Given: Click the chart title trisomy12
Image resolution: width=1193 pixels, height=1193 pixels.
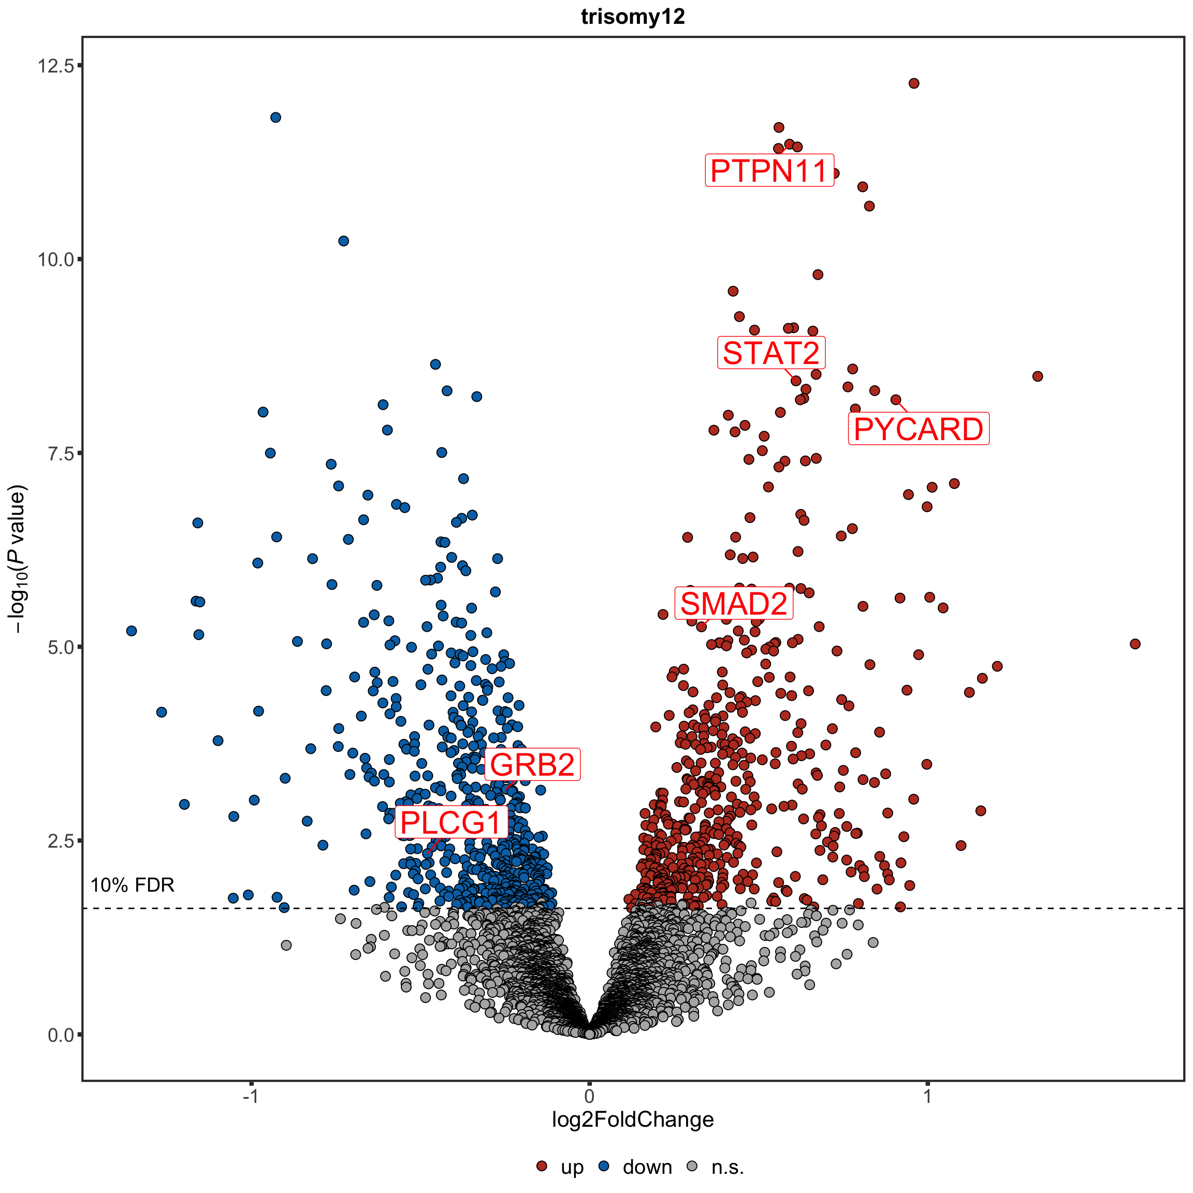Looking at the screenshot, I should coord(633,17).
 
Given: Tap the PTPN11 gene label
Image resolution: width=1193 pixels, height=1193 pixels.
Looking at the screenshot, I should coord(769,170).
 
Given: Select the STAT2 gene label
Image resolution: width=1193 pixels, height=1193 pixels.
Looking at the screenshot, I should coord(771,353).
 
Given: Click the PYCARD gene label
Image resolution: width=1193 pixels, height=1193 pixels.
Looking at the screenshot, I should coord(918,429).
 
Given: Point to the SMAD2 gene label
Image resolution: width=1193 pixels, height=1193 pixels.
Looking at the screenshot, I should coord(734,603).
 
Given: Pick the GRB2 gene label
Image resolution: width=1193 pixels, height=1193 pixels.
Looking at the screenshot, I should coord(532,764).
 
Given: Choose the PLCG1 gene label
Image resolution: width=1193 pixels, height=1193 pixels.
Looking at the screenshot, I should coord(451,822).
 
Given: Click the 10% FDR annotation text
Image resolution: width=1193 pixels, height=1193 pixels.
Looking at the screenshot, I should coord(132,885).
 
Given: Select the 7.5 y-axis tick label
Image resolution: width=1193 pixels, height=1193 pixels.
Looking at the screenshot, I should coord(61,453).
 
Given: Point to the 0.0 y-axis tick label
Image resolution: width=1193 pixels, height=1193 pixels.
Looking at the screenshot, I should coord(61,1035).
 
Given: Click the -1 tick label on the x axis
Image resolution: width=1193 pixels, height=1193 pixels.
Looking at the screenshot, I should coord(250,1096).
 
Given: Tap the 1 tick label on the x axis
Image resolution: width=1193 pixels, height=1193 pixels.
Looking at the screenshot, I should coord(927,1096).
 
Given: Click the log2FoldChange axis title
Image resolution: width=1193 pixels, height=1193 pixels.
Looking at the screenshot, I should coord(633,1119).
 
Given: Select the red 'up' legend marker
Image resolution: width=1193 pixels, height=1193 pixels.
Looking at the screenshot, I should coord(542,1166).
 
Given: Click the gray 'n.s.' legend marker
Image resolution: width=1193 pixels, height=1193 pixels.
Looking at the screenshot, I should coord(692,1166).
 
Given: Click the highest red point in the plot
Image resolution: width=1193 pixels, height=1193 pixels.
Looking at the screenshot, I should coord(914,83).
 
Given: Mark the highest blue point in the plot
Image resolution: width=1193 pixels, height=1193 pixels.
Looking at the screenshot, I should coord(276,118).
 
